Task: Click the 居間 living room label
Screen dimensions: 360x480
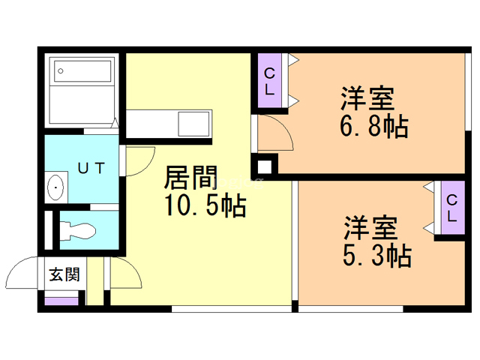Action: pyautogui.click(x=192, y=179)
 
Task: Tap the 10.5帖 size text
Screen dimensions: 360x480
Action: pyautogui.click(x=205, y=206)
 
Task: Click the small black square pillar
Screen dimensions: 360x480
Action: pyautogui.click(x=264, y=166)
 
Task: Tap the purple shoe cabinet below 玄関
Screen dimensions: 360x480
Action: pyautogui.click(x=61, y=301)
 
